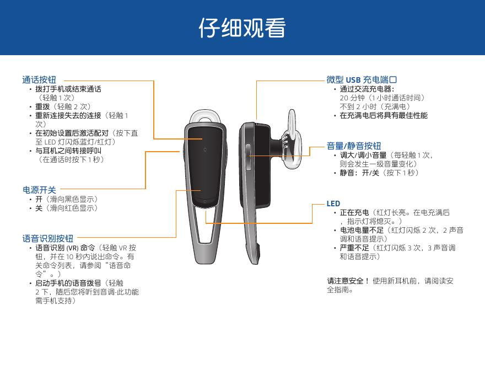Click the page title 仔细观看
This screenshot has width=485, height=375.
click(x=242, y=28)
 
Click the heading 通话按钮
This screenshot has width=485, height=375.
click(x=39, y=80)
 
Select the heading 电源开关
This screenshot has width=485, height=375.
click(x=39, y=190)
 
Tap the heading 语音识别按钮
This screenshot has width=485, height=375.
click(x=47, y=238)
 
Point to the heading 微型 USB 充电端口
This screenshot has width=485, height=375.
click(x=362, y=80)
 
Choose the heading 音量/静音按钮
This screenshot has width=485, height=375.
click(x=353, y=146)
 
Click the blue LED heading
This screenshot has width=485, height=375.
click(x=333, y=203)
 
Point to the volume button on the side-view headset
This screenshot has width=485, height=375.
click(x=248, y=157)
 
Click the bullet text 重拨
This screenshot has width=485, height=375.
click(x=42, y=107)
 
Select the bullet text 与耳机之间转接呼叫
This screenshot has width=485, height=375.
click(x=68, y=151)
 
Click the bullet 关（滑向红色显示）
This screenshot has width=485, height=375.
click(x=67, y=208)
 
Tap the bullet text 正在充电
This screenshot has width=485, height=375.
click(x=354, y=212)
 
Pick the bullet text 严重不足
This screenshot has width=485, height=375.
click(x=354, y=248)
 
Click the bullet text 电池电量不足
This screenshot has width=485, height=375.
click(x=362, y=230)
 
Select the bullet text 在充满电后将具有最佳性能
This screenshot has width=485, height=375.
click(x=384, y=115)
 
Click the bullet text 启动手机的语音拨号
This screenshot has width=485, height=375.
click(x=68, y=283)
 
